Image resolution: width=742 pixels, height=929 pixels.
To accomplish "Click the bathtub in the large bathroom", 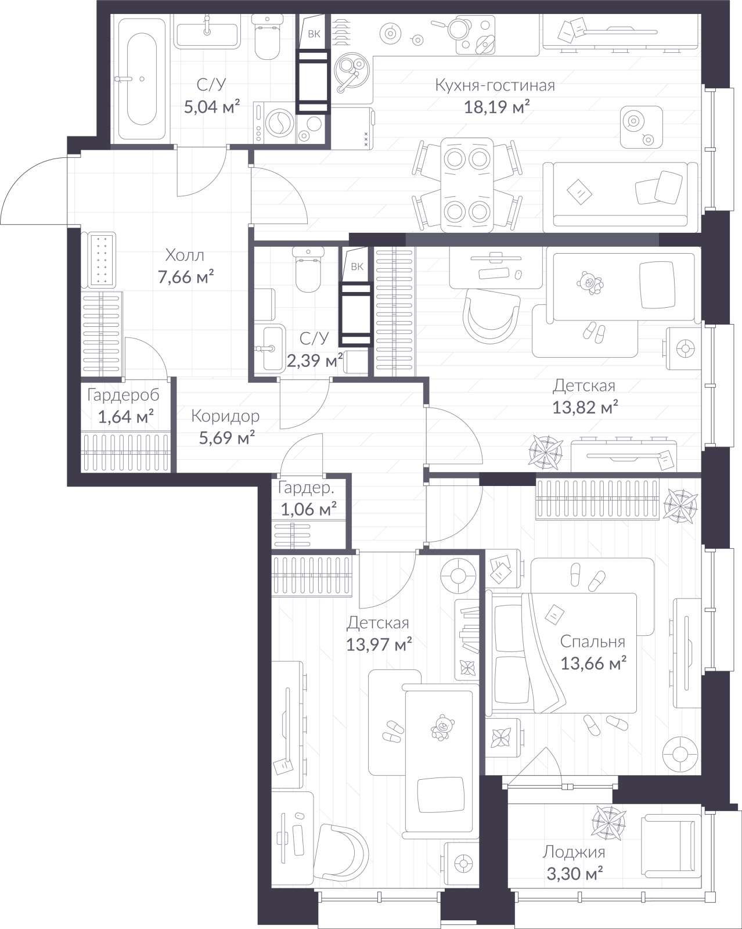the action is point(138,80).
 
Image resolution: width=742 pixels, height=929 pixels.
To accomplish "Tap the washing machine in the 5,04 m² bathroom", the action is point(275,122).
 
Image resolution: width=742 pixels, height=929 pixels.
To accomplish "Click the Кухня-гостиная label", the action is point(495,85).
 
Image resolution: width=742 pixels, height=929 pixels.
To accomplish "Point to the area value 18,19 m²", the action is point(497,107).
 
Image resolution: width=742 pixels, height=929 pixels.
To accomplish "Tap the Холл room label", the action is point(185,255).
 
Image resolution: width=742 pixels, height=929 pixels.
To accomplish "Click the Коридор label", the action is point(225,416).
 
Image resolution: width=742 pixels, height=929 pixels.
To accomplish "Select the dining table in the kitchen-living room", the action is point(467,185).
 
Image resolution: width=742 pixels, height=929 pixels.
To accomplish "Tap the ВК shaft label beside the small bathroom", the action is point(357,267).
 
